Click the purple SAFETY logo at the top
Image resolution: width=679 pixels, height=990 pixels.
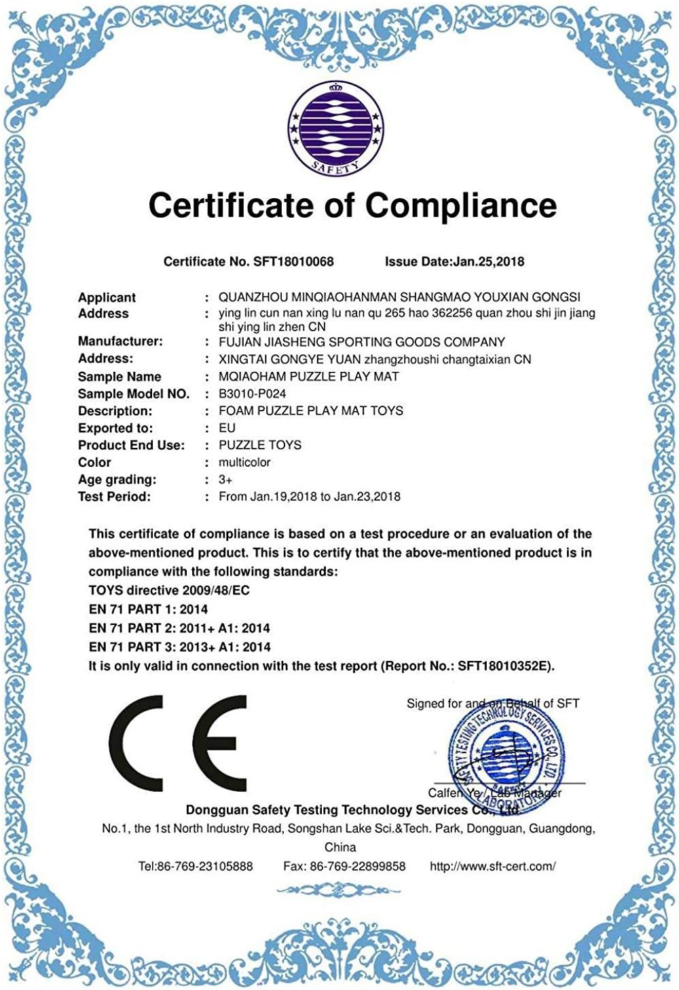tap(335, 128)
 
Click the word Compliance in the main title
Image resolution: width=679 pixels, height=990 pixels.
tap(461, 205)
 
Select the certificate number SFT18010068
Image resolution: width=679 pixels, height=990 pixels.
tap(293, 261)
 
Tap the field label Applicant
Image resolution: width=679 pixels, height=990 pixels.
tap(107, 297)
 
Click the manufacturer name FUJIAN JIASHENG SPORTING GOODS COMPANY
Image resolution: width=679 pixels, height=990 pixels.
tap(361, 342)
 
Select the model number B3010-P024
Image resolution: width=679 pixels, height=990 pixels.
tap(252, 394)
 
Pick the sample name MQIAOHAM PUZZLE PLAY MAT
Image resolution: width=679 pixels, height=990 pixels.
tap(308, 376)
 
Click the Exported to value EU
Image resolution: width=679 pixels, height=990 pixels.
tap(227, 427)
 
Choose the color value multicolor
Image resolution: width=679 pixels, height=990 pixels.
tap(244, 462)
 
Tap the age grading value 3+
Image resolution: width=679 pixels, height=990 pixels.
tap(225, 479)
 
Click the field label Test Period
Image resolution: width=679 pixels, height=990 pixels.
tap(114, 496)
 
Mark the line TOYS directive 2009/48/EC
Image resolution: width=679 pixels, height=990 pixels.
tap(169, 590)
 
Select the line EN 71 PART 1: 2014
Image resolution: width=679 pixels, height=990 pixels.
tap(148, 609)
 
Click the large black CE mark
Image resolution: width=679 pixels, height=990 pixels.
tap(178, 743)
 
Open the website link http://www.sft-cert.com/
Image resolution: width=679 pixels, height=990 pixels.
tap(492, 866)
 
